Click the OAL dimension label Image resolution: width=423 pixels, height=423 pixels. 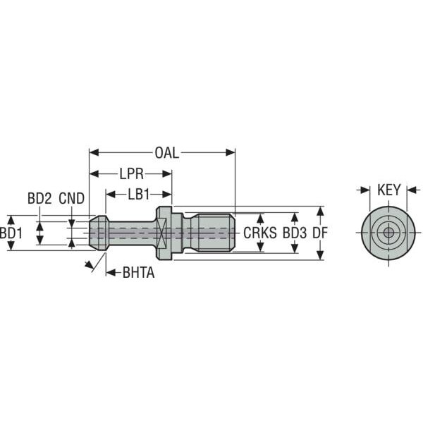[x=166, y=153]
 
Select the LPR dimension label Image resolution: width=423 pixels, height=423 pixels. [x=131, y=174]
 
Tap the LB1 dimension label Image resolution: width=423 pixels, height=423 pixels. [x=139, y=195]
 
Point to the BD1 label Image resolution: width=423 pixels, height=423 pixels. [x=11, y=233]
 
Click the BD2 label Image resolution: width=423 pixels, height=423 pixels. [x=39, y=199]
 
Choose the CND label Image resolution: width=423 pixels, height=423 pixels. [x=71, y=199]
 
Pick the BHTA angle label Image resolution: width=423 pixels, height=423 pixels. [x=138, y=273]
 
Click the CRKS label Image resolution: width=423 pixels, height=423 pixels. [x=260, y=233]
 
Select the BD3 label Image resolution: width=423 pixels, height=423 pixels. [x=295, y=233]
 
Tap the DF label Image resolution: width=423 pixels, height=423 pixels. [x=320, y=233]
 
